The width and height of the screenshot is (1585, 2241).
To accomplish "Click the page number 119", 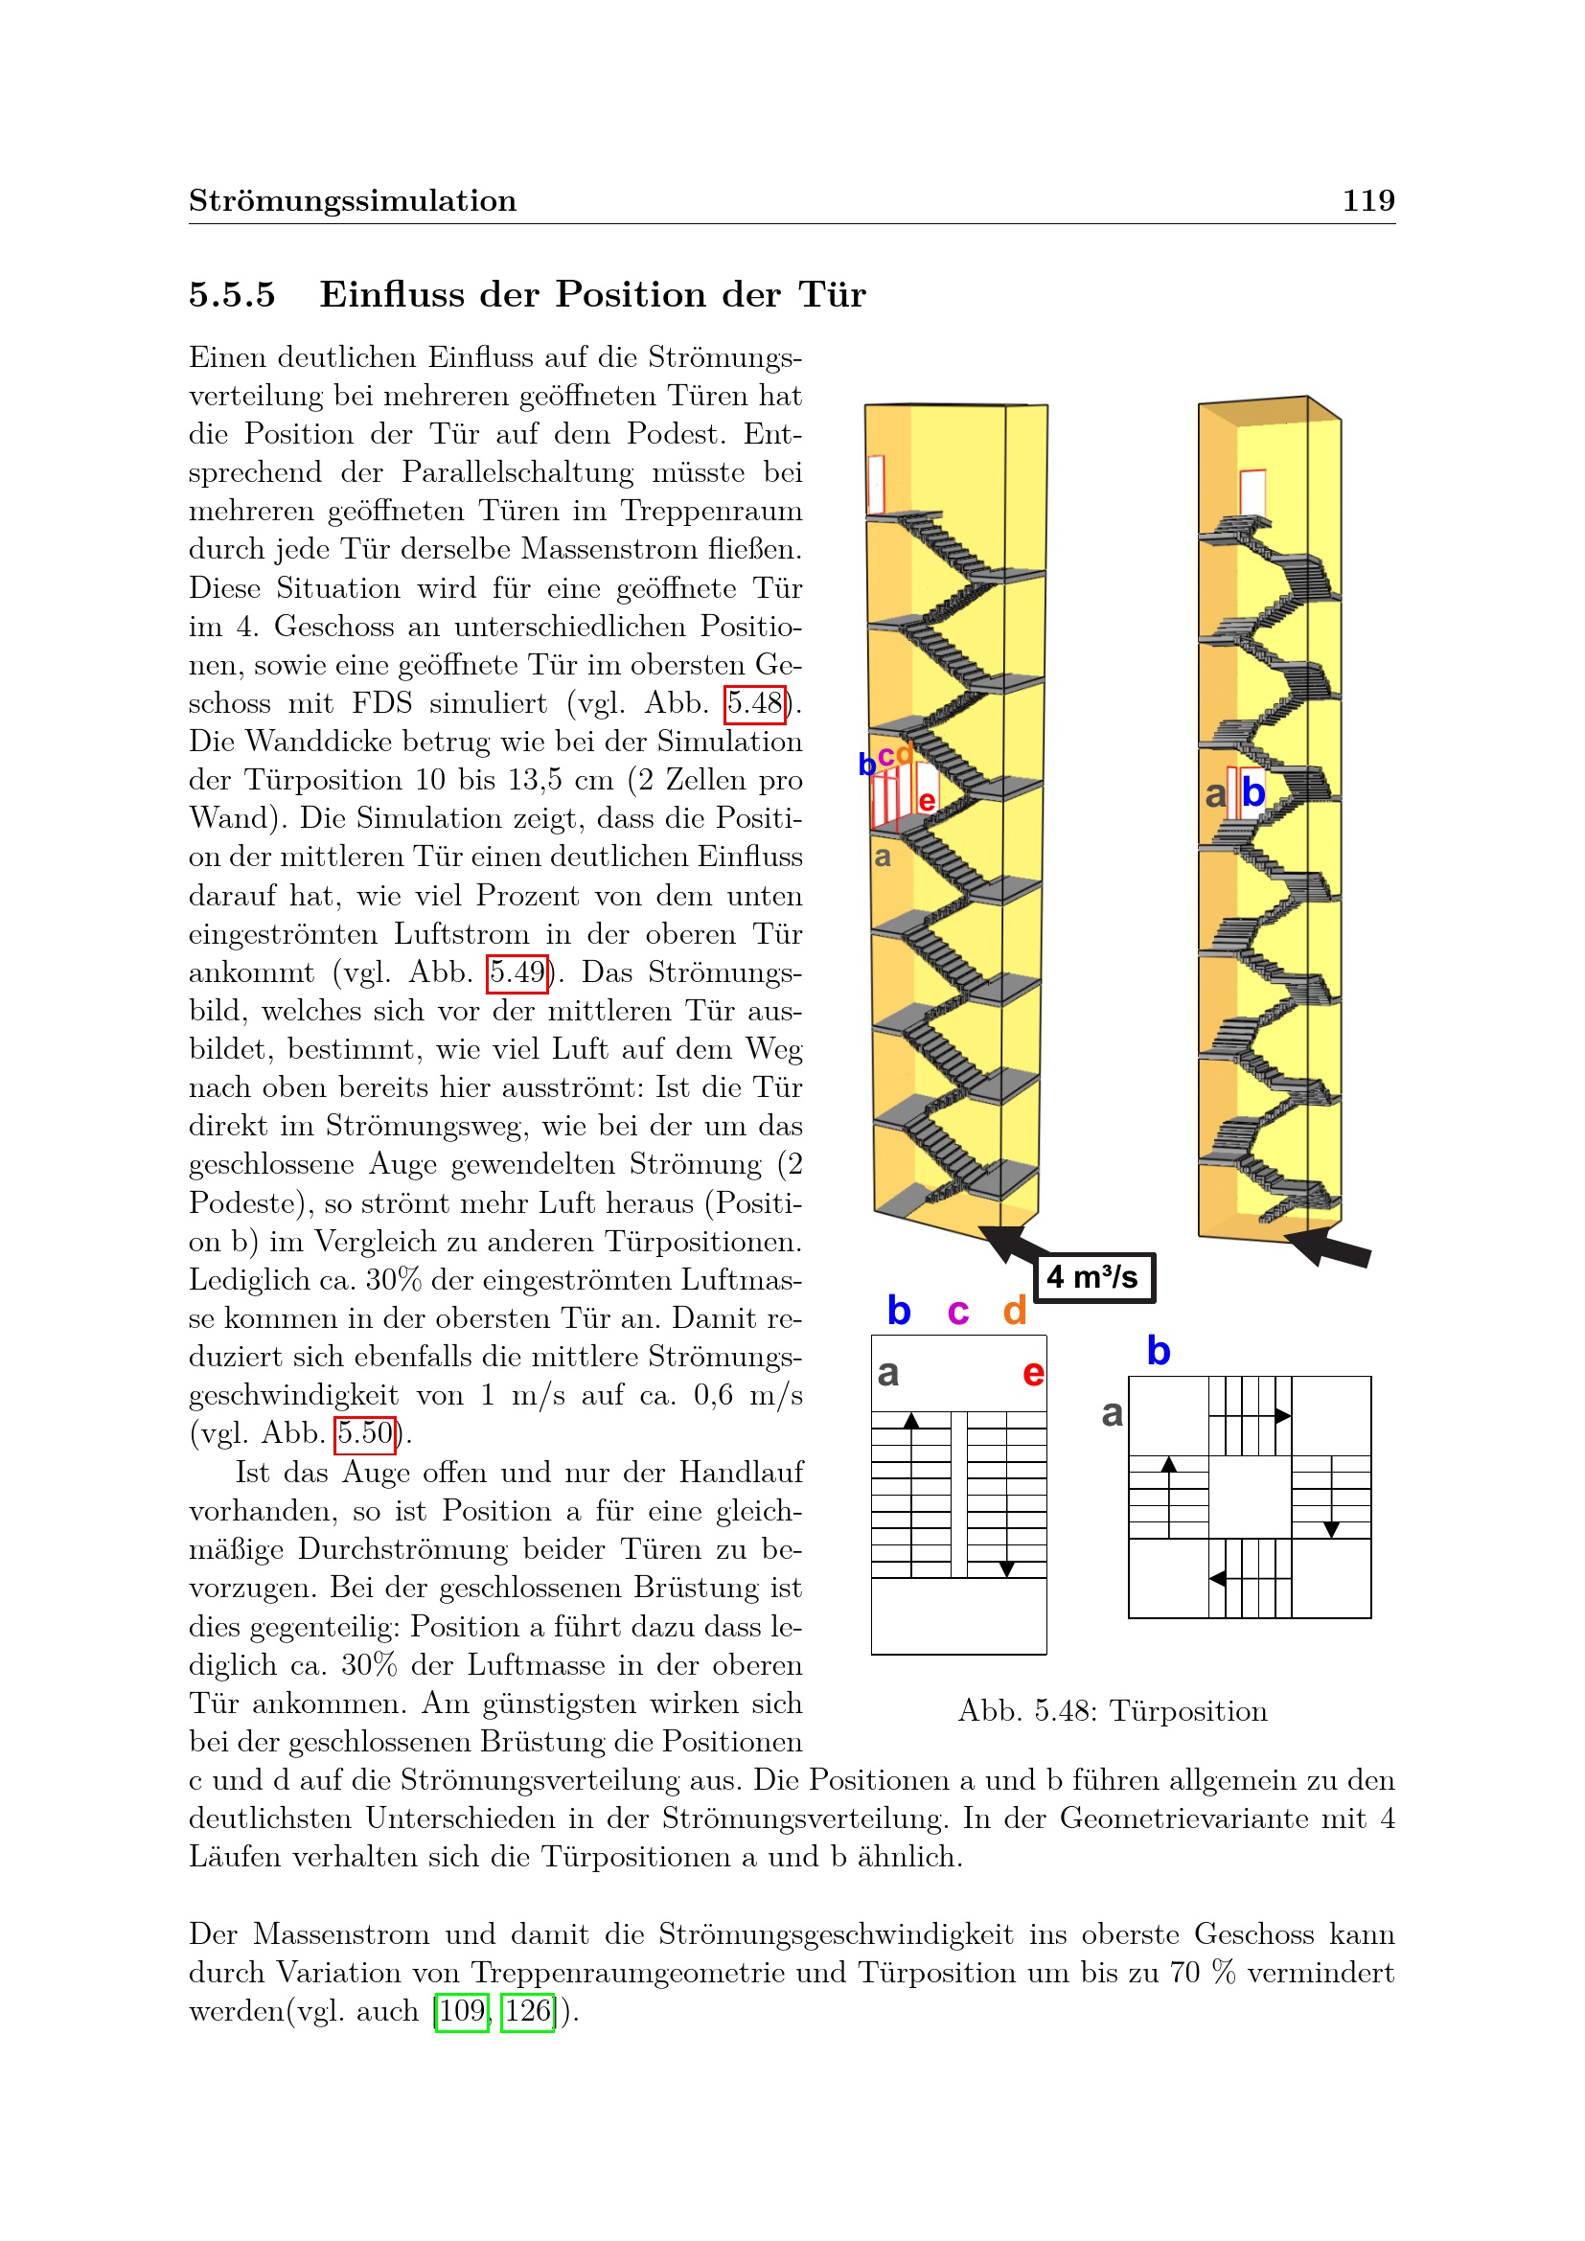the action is pyautogui.click(x=1368, y=200).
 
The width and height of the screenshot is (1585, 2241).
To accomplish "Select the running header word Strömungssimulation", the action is pyautogui.click(x=353, y=201).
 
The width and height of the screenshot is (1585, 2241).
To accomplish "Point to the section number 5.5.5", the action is pyautogui.click(x=232, y=295).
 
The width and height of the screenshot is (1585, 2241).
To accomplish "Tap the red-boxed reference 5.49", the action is pyautogui.click(x=517, y=973).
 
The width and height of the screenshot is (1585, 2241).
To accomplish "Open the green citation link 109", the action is pyautogui.click(x=462, y=2012).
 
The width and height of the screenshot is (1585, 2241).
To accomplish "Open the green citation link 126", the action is pyautogui.click(x=527, y=2012).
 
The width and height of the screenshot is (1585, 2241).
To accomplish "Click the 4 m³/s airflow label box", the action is pyautogui.click(x=1094, y=1278).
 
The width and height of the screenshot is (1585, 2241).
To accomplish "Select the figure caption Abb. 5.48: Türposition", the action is pyautogui.click(x=1113, y=1711).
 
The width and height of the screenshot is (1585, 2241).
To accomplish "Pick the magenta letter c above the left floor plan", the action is pyautogui.click(x=957, y=1311).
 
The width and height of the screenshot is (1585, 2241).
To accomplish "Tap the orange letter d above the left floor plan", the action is pyautogui.click(x=1015, y=1310).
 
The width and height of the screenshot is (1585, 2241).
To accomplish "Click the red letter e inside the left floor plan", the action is pyautogui.click(x=1034, y=1373).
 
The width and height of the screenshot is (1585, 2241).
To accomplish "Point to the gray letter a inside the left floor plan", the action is pyautogui.click(x=887, y=1373).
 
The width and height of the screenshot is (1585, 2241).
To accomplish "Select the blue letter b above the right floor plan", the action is pyautogui.click(x=1159, y=1351).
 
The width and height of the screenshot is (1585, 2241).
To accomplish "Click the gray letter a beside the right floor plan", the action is pyautogui.click(x=1112, y=1413).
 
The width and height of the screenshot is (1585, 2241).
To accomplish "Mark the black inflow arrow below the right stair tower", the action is pyautogui.click(x=1327, y=1248).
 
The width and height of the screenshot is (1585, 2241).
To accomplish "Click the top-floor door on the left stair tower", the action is pyautogui.click(x=876, y=484).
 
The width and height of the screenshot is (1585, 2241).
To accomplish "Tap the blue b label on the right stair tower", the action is pyautogui.click(x=1253, y=791).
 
